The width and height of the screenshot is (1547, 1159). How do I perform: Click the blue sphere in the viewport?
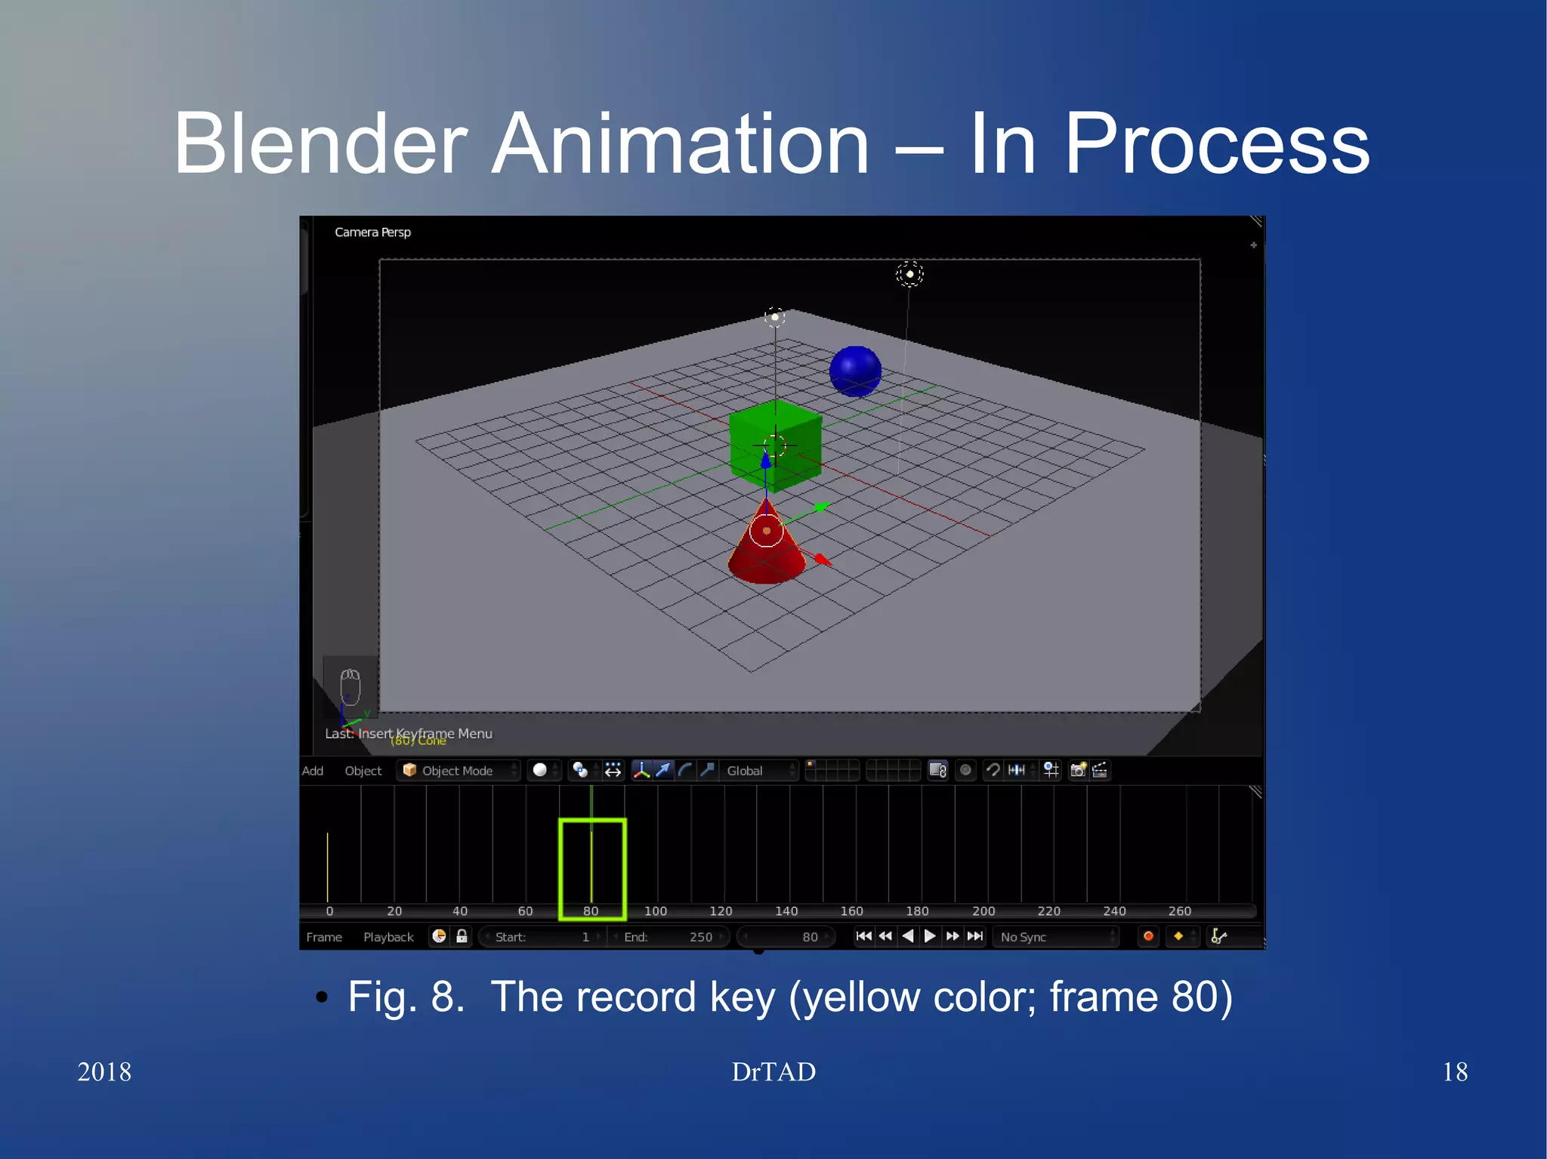point(855,371)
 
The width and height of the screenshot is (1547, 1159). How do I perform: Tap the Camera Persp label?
point(372,232)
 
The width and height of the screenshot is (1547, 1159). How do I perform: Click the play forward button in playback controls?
point(930,936)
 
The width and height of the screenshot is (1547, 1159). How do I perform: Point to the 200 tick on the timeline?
point(983,911)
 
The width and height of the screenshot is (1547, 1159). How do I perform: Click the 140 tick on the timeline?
point(786,911)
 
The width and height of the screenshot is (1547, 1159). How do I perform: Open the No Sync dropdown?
point(1054,937)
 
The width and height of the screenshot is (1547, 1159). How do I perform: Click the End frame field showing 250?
point(669,937)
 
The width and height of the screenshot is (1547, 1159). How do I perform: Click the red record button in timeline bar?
point(1148,936)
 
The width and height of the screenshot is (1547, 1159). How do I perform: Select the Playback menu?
point(388,937)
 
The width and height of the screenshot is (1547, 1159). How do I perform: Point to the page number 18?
point(1454,1071)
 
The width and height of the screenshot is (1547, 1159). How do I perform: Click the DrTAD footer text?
point(773,1071)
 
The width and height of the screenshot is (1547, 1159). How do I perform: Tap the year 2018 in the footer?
point(104,1071)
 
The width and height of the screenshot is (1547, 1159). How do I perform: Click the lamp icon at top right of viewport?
point(909,274)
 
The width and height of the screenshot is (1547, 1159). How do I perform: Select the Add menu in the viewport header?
point(313,770)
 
